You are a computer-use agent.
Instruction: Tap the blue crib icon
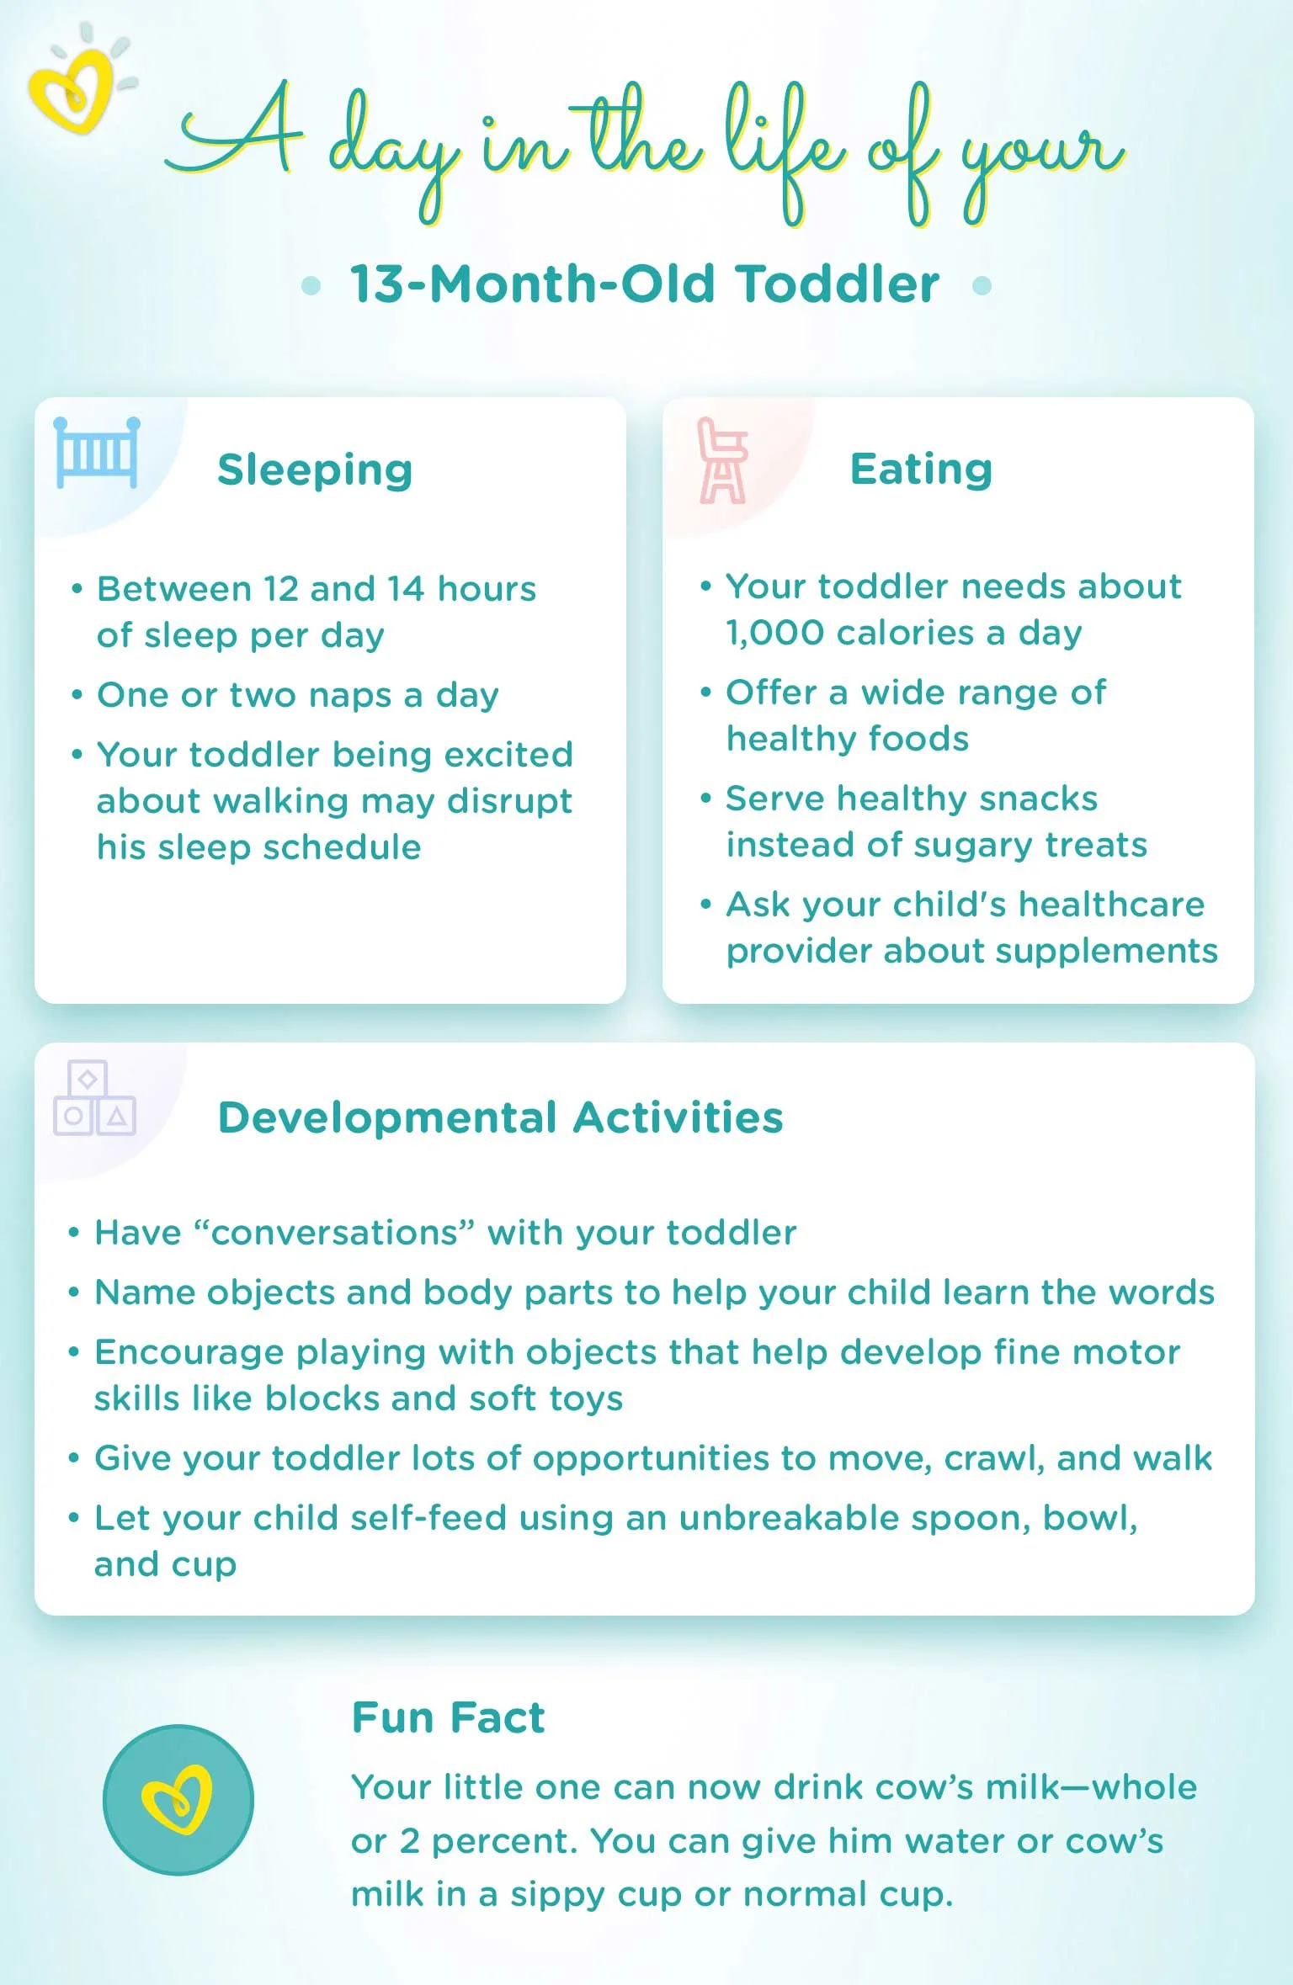tap(96, 454)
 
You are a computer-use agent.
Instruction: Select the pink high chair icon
tap(721, 460)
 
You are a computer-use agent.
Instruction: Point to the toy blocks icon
tap(94, 1098)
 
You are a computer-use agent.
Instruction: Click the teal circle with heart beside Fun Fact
tap(178, 1800)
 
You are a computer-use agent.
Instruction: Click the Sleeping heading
tap(315, 470)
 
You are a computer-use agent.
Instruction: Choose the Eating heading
tap(921, 469)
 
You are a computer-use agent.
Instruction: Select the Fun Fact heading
tap(448, 1717)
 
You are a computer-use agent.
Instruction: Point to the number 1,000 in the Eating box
tap(774, 633)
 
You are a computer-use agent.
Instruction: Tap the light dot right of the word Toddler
tap(982, 285)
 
